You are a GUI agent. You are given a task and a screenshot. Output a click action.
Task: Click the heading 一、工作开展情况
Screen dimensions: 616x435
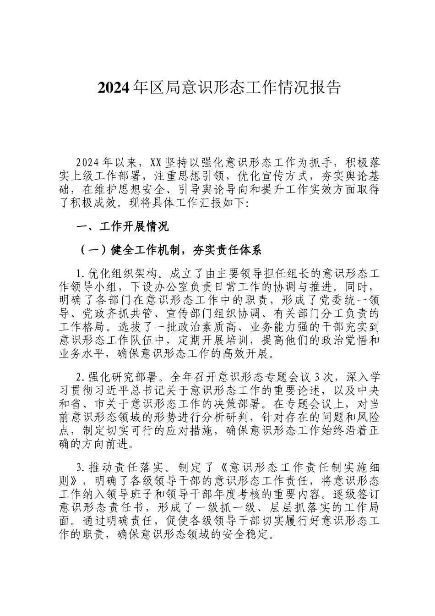(x=123, y=226)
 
